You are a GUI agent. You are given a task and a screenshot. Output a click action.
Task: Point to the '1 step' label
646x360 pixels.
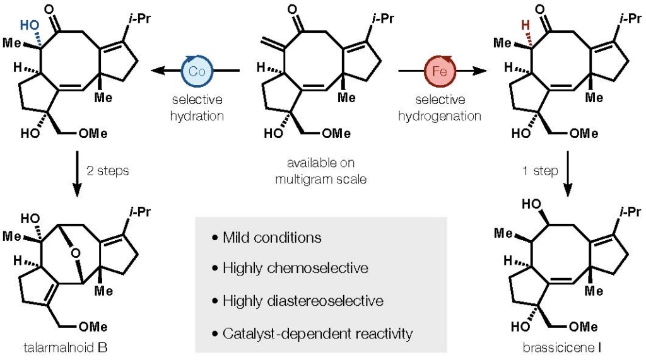(537, 171)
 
